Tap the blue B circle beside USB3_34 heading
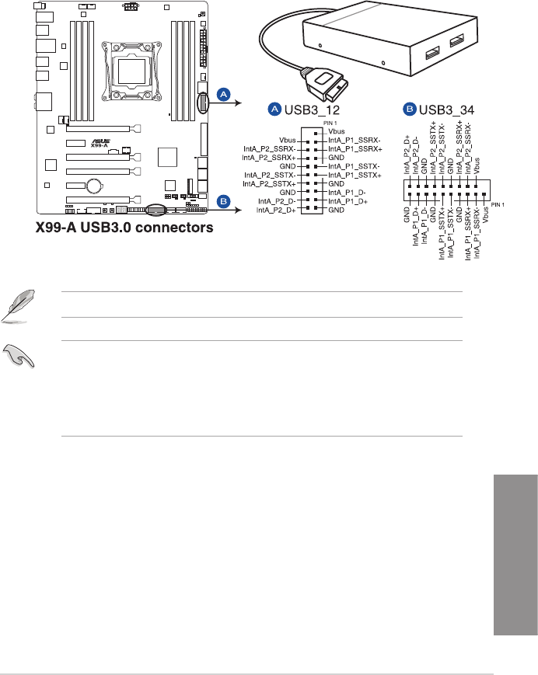pyautogui.click(x=408, y=110)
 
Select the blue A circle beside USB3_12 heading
pyautogui.click(x=274, y=110)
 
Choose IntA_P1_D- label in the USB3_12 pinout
pyautogui.click(x=348, y=192)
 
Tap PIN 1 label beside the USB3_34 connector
pyautogui.click(x=498, y=204)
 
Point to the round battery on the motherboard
pyautogui.click(x=95, y=186)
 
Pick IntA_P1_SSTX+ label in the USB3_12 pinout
pyautogui.click(x=355, y=176)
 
